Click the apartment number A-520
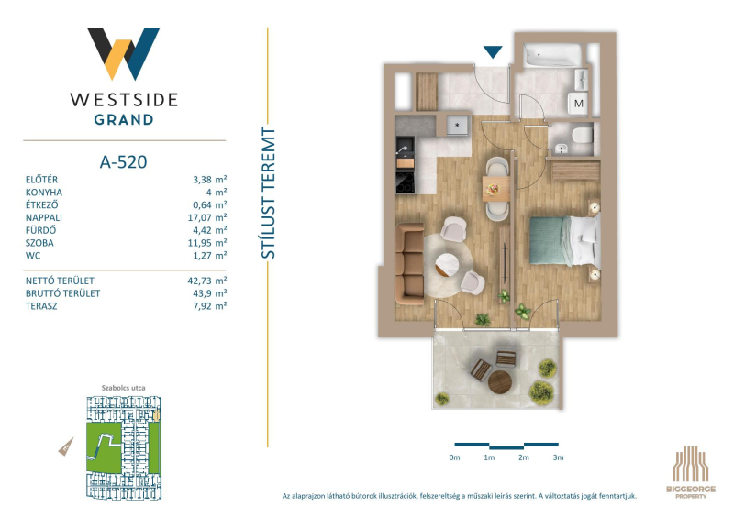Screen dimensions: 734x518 click(124, 162)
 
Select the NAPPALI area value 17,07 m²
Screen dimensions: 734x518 click(210, 217)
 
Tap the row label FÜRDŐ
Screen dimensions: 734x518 click(40, 230)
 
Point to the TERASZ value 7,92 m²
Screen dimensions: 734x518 click(210, 306)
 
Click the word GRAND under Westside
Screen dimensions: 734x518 click(124, 120)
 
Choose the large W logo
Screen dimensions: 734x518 click(124, 53)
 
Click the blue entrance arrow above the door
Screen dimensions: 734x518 click(493, 51)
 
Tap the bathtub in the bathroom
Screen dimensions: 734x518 click(553, 55)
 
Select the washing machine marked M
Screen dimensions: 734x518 click(579, 104)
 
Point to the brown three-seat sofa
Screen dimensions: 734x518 click(409, 264)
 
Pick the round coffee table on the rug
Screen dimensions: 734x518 click(448, 266)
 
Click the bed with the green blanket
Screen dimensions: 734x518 click(565, 240)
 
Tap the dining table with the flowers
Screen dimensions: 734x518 click(496, 189)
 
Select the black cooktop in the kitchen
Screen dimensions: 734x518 click(406, 182)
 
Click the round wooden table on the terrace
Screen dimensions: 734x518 click(500, 382)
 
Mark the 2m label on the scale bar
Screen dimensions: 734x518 click(523, 457)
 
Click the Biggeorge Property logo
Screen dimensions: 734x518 click(691, 472)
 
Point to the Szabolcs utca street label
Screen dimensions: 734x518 click(124, 388)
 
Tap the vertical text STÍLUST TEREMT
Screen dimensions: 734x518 click(268, 193)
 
